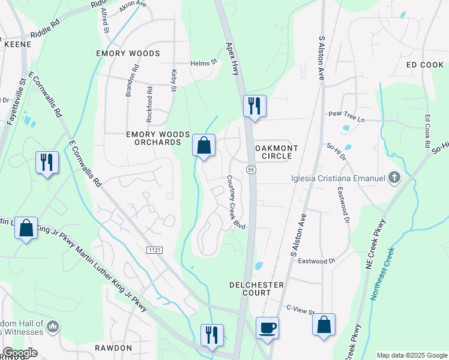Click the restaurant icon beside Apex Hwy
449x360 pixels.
click(x=254, y=106)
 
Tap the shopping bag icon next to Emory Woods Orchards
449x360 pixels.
click(x=204, y=145)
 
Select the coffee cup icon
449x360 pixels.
click(x=268, y=328)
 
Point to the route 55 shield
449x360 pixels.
click(x=251, y=170)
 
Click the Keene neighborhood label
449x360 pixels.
click(x=17, y=44)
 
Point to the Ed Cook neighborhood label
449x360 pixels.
click(x=424, y=64)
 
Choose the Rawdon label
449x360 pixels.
click(x=113, y=348)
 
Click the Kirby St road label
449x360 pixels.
click(x=173, y=80)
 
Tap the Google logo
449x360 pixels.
click(x=20, y=353)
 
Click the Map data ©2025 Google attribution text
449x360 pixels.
click(x=412, y=355)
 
